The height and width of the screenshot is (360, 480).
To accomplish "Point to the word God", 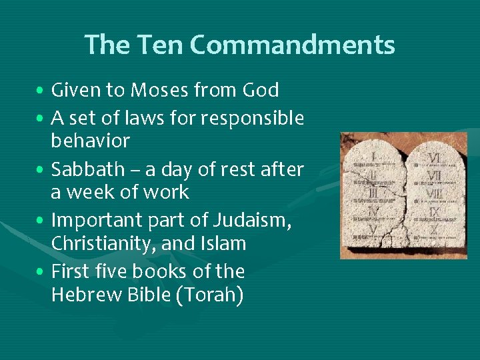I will click(261, 90).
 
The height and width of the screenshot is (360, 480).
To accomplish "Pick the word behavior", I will click(91, 141).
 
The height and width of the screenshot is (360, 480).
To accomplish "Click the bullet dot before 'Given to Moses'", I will click(41, 91).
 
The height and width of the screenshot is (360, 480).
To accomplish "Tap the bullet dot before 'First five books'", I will click(41, 273).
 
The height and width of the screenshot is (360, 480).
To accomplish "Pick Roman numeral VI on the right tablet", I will click(434, 158).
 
